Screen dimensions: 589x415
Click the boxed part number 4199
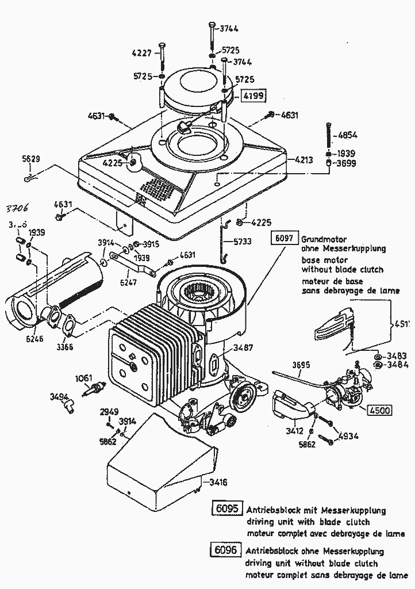253,95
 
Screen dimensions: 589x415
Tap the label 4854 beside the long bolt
347,136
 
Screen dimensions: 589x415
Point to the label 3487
241,347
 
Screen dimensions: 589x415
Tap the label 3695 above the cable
301,364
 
